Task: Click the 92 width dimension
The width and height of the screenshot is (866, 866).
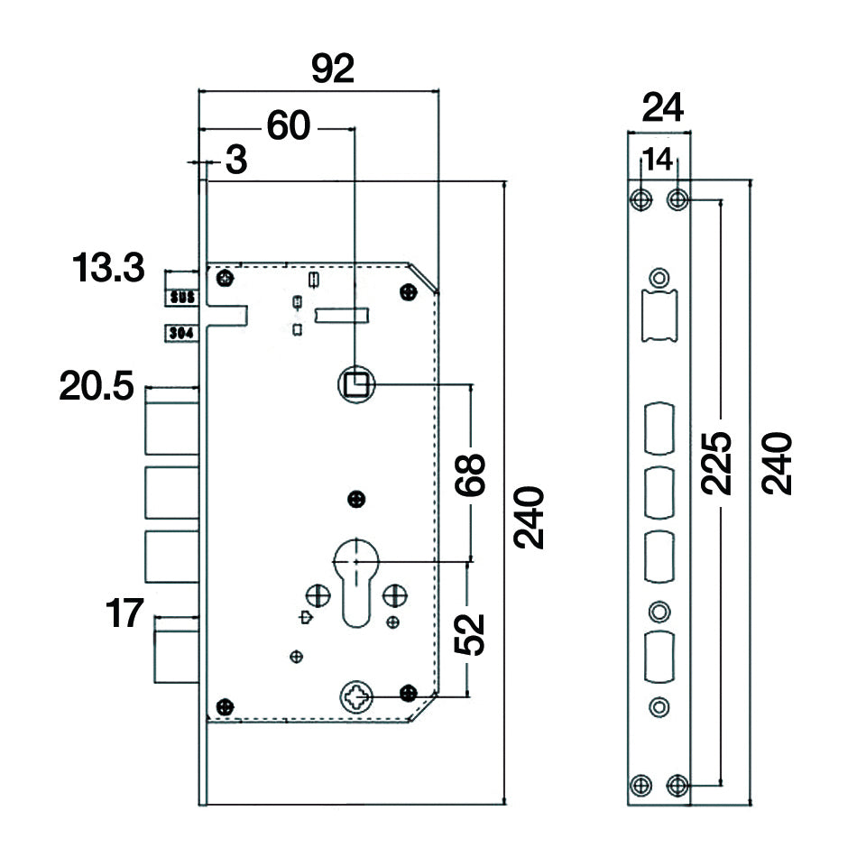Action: (x=333, y=69)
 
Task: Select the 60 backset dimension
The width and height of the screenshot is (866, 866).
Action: (x=288, y=126)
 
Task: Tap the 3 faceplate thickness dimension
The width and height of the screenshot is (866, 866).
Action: (x=235, y=161)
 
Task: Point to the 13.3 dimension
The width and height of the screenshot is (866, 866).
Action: (x=107, y=268)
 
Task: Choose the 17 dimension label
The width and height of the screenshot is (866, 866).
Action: (x=124, y=614)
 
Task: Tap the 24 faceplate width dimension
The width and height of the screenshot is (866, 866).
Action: (x=662, y=108)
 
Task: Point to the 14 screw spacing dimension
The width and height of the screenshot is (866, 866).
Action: (x=659, y=161)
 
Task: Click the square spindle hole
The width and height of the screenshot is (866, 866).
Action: (x=356, y=386)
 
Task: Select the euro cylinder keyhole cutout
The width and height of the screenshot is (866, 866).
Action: (x=356, y=582)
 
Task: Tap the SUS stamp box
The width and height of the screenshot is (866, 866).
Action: (x=180, y=295)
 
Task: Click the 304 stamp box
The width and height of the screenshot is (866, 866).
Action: (x=180, y=333)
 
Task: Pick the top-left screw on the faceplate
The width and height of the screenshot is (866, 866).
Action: (x=641, y=198)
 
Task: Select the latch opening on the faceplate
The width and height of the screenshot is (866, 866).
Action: (x=660, y=315)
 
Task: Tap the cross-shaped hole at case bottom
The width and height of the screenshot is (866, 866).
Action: (x=356, y=695)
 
